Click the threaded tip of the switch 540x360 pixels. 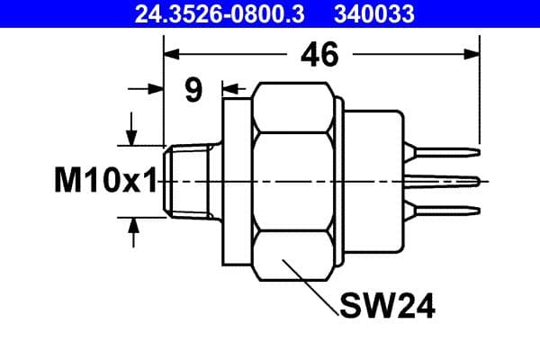point(187,180)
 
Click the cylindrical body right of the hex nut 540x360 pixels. point(373,180)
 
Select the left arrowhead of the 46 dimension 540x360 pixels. point(172,55)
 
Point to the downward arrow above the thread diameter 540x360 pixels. point(133,137)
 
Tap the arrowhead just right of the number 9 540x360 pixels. point(228,88)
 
